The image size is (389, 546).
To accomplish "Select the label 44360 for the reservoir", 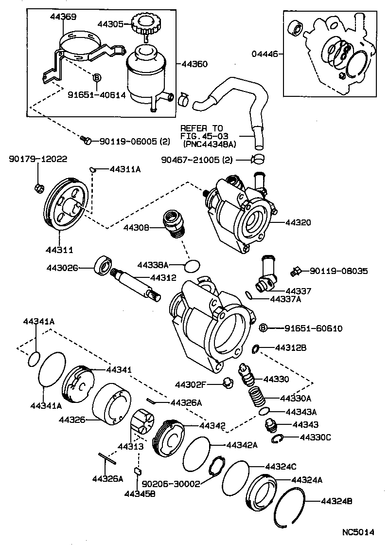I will coord(194,64).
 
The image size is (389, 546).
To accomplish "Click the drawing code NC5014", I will coord(357,532).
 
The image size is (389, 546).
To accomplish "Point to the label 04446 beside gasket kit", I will coord(262,54).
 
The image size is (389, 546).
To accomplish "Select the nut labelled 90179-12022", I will coord(38,187).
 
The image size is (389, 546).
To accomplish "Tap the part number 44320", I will coord(298,222).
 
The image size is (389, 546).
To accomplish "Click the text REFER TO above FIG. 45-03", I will coord(201,128).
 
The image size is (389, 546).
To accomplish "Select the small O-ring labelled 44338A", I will coord(193,265).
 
